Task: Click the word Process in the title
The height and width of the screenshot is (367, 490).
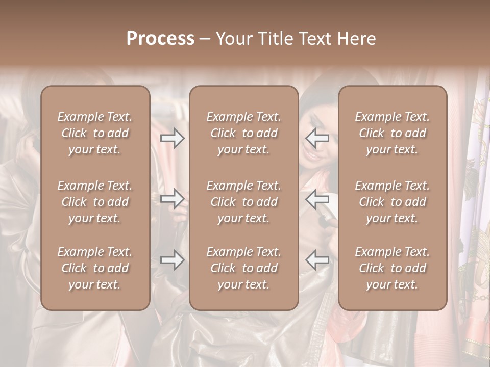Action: pyautogui.click(x=160, y=39)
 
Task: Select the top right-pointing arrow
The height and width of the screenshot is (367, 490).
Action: pyautogui.click(x=173, y=138)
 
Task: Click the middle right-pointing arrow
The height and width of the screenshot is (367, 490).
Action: pyautogui.click(x=173, y=199)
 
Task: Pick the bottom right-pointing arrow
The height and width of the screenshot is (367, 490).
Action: pyautogui.click(x=173, y=260)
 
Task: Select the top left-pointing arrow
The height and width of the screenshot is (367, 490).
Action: pyautogui.click(x=317, y=138)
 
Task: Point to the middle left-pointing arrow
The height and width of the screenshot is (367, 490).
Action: pyautogui.click(x=317, y=199)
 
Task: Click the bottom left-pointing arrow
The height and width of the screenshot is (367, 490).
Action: pyautogui.click(x=317, y=260)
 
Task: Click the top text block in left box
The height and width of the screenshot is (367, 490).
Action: pyautogui.click(x=95, y=133)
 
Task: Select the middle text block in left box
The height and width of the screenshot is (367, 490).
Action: pyautogui.click(x=95, y=202)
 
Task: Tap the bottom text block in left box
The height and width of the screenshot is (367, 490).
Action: pyautogui.click(x=95, y=268)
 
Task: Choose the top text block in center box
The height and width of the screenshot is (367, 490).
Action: pyautogui.click(x=243, y=133)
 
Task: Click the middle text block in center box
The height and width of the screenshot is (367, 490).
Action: pyautogui.click(x=243, y=202)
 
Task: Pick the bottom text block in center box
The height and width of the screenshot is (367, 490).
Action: pyautogui.click(x=243, y=268)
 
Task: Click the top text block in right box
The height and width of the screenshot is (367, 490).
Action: pyautogui.click(x=392, y=133)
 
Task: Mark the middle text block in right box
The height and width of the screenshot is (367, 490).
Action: pyautogui.click(x=392, y=202)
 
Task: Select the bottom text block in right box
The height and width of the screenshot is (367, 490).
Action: pyautogui.click(x=392, y=268)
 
